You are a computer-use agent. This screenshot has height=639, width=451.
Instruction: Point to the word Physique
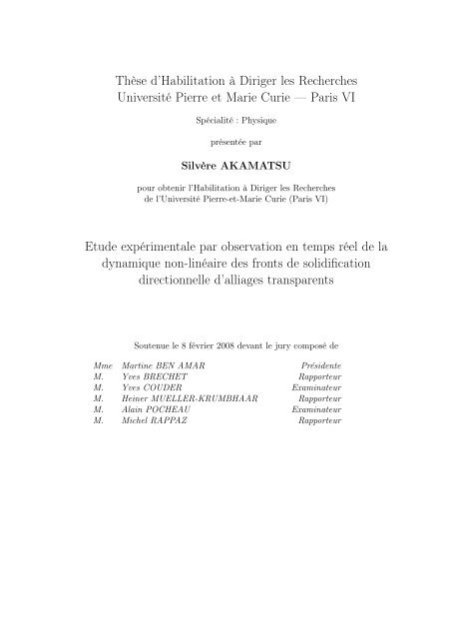244,122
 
